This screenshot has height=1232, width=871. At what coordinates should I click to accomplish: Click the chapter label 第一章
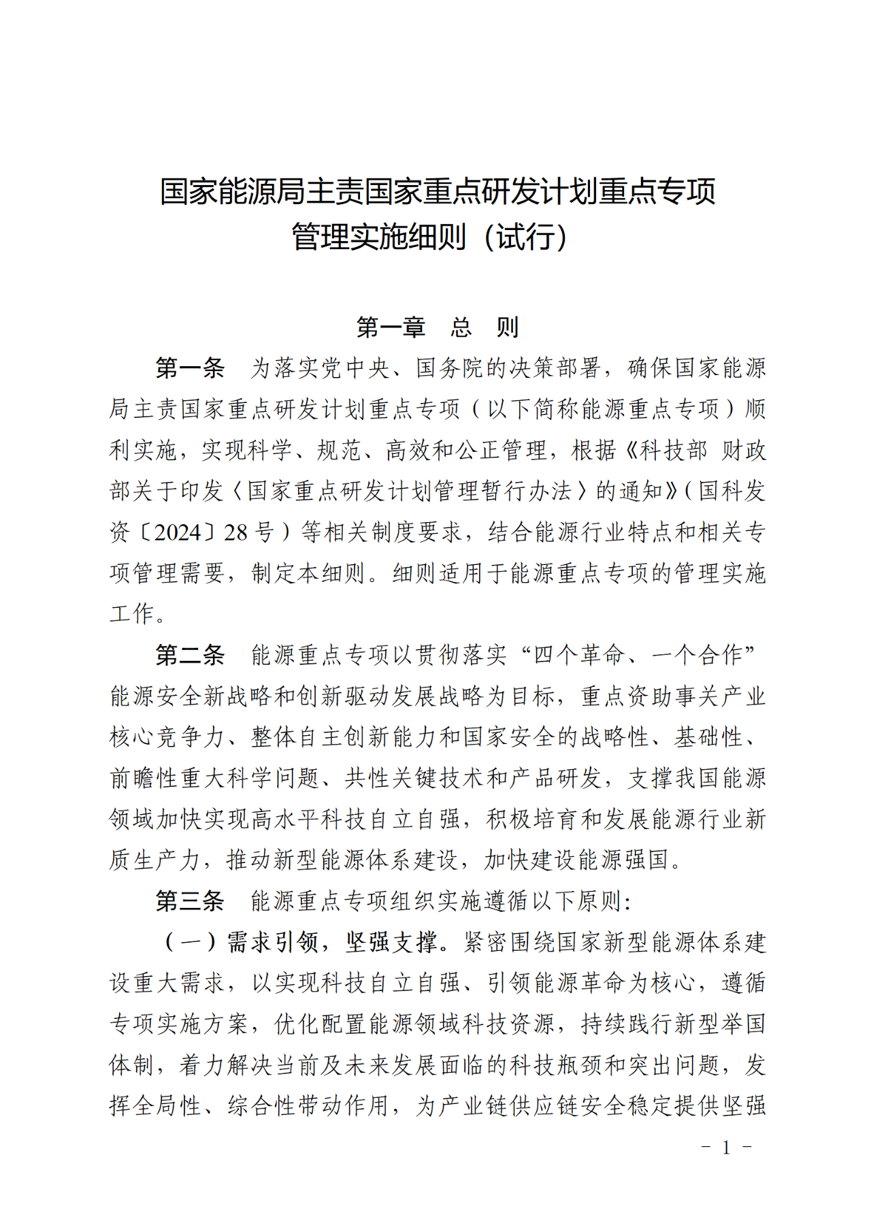pos(391,327)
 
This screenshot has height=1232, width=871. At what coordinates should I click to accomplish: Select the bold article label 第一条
pos(190,368)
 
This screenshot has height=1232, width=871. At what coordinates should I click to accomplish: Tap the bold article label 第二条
pos(190,655)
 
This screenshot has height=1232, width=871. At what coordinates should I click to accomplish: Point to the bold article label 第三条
pos(190,901)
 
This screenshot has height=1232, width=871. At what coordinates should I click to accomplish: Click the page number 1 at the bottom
pos(726,1148)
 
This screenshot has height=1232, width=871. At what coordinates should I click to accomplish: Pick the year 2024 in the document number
pos(178,532)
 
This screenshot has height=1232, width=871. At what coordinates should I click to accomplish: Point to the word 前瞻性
pos(144,778)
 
